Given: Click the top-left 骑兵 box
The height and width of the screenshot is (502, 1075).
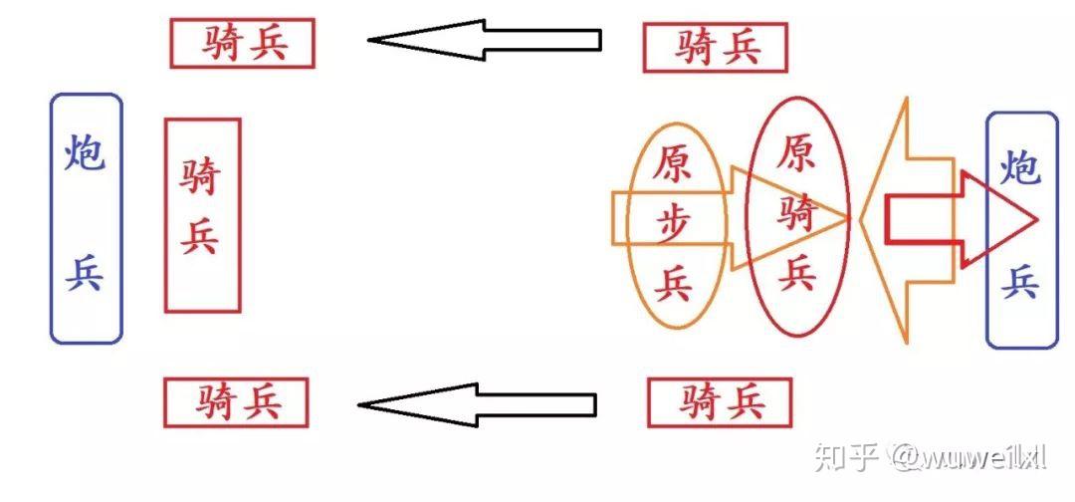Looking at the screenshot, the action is [x=242, y=43].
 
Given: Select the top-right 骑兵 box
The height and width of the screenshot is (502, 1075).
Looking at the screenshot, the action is [x=715, y=47].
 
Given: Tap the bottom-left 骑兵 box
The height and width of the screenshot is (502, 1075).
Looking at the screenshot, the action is [x=236, y=402].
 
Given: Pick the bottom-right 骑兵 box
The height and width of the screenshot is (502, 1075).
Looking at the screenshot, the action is [x=720, y=402].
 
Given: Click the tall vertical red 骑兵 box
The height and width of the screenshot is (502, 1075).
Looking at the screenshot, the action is [x=202, y=214].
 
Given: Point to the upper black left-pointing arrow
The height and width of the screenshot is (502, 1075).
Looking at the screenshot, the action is [x=485, y=40].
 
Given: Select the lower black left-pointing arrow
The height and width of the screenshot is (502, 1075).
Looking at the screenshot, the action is [x=477, y=404].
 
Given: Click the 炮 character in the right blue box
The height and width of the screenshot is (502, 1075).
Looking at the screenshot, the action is [x=1021, y=165].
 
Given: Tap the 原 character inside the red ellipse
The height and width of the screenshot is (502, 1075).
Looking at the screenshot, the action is [x=797, y=152].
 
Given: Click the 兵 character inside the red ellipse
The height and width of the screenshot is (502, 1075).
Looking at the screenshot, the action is [x=797, y=272].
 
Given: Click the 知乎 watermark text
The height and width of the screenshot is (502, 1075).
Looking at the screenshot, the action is [x=845, y=457].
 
